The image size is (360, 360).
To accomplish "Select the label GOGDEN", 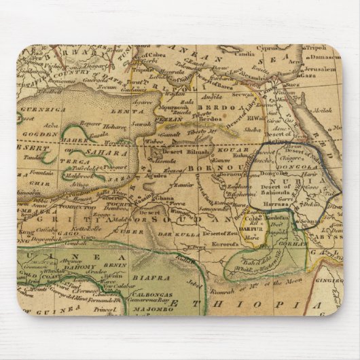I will point(39,134).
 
